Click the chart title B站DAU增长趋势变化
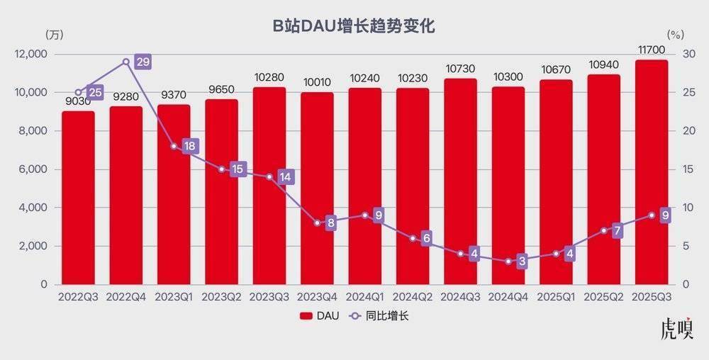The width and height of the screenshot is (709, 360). click(x=354, y=27)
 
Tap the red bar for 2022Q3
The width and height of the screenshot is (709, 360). click(x=77, y=198)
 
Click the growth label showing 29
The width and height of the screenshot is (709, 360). click(x=143, y=62)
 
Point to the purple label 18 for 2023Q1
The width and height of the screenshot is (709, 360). click(x=190, y=146)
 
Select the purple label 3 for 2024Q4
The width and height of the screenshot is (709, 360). click(x=523, y=261)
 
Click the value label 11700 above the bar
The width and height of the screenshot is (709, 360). click(x=651, y=49)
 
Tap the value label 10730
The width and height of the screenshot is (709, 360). click(x=460, y=68)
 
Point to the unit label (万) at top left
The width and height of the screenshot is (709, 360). click(x=53, y=33)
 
